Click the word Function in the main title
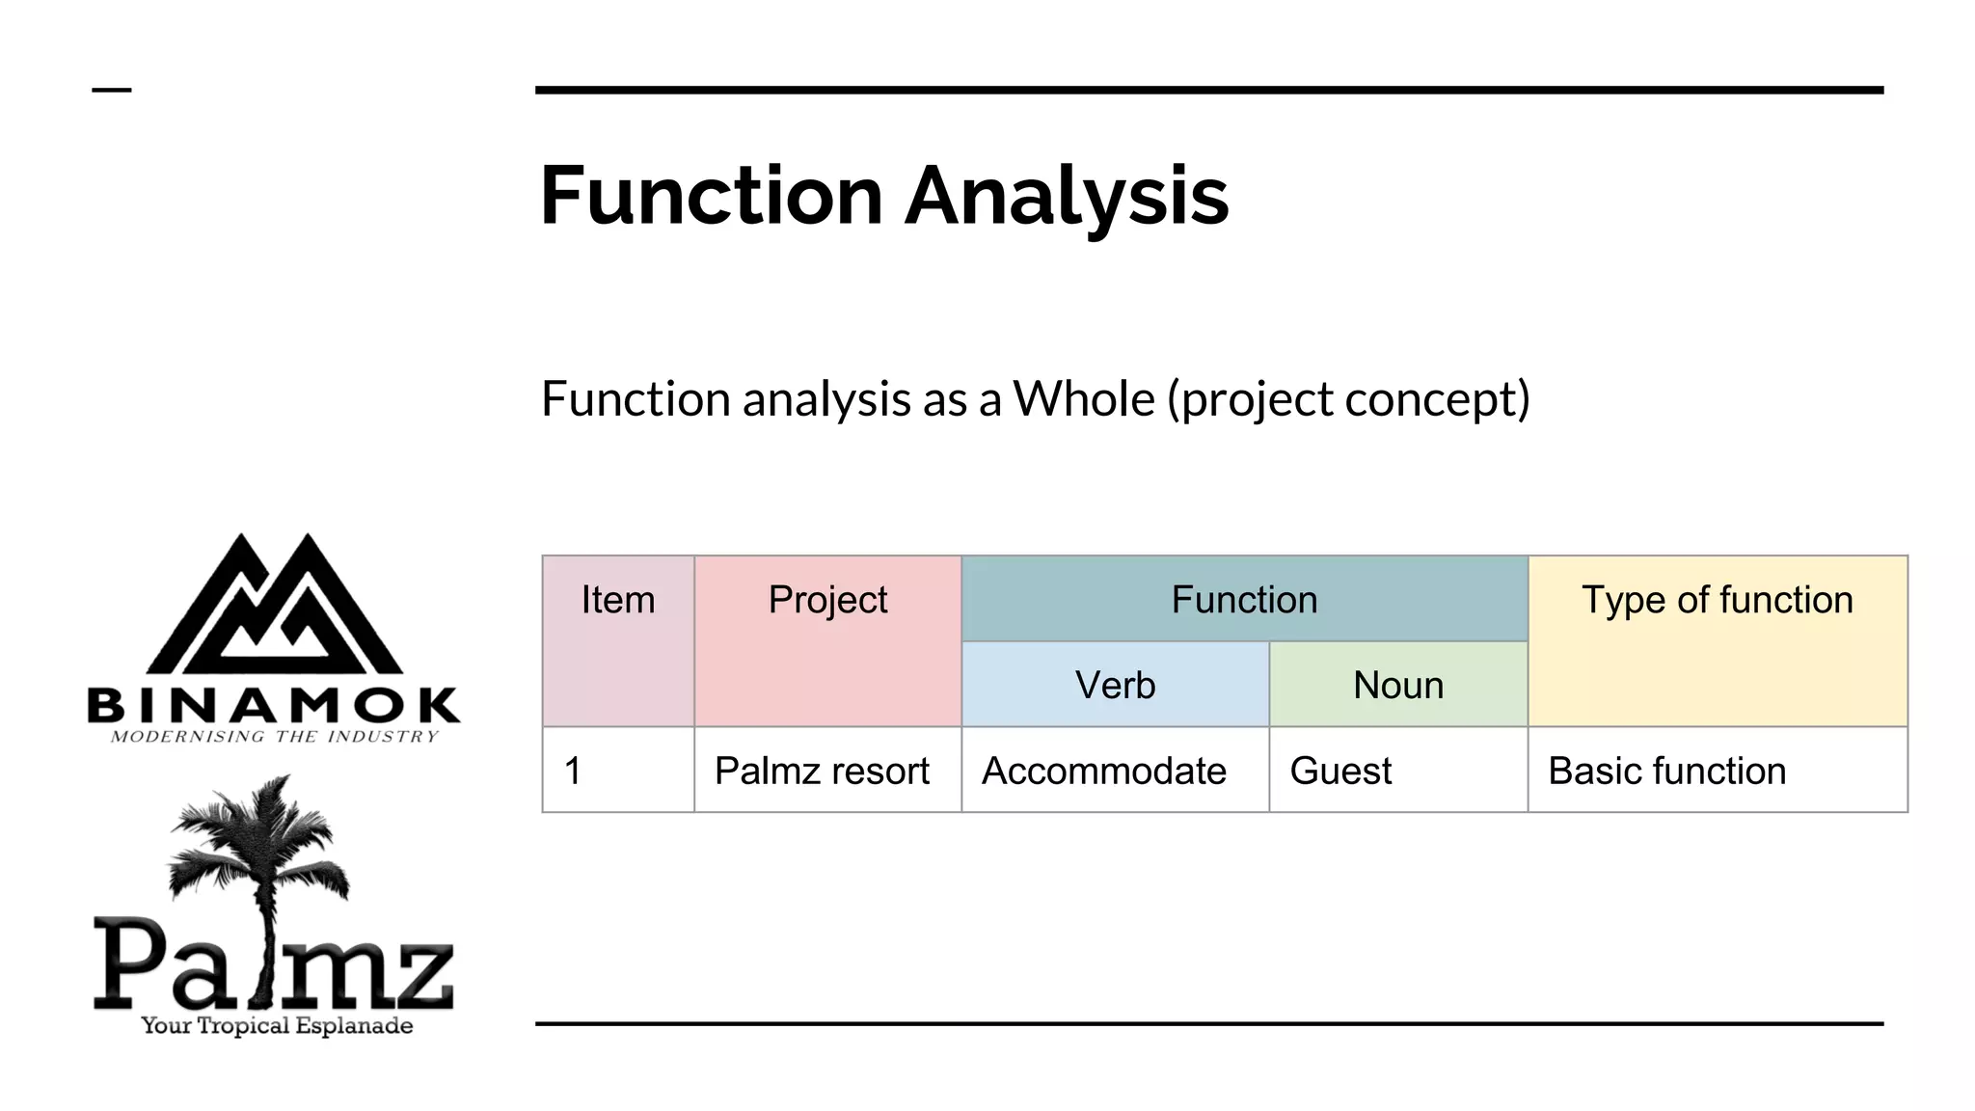coord(711,196)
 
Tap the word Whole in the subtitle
coord(1083,398)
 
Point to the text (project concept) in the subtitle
coord(1348,399)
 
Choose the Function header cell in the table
coord(1244,600)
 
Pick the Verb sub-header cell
coord(1115,685)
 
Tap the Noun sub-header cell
coord(1397,685)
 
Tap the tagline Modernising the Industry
coord(275,737)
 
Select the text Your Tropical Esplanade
coord(277,1025)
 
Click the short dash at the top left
coord(112,91)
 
